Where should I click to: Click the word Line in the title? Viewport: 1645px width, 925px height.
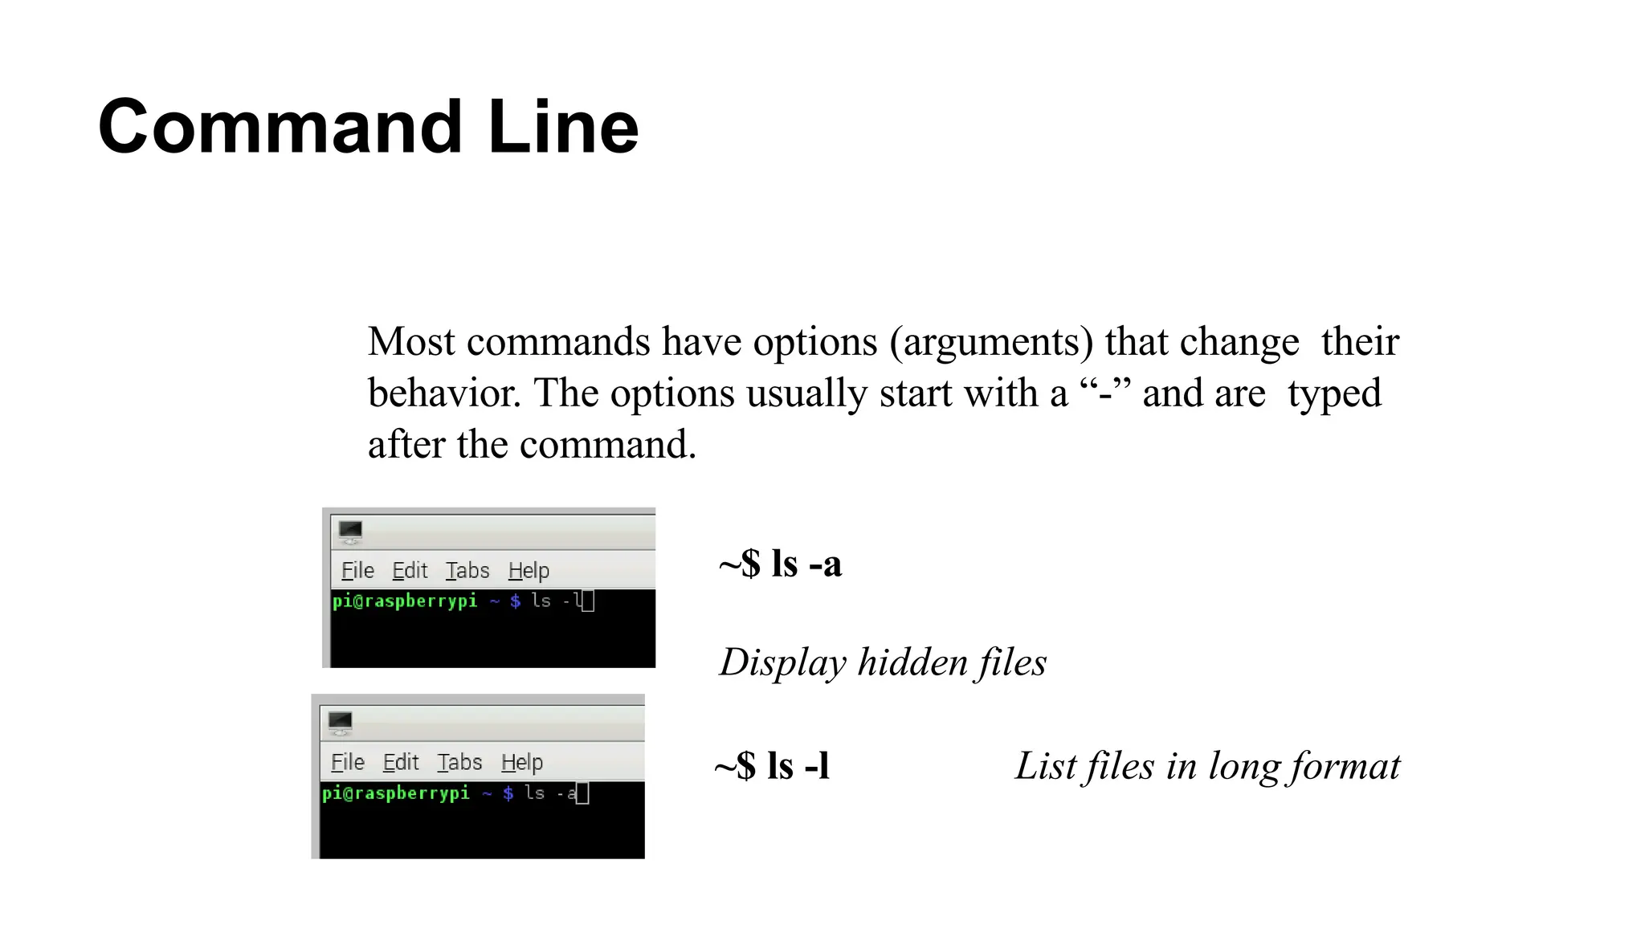click(x=563, y=127)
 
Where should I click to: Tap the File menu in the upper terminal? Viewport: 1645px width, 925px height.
click(x=357, y=571)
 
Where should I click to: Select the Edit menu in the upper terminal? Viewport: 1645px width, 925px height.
click(x=410, y=571)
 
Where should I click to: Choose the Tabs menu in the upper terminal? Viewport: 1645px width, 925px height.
click(x=467, y=571)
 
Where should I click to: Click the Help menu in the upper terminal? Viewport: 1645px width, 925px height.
click(x=529, y=571)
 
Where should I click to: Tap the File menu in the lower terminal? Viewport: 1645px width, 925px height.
click(x=348, y=762)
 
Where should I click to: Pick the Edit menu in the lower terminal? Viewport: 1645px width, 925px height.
click(x=401, y=762)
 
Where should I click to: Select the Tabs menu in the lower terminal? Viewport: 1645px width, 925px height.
click(x=459, y=762)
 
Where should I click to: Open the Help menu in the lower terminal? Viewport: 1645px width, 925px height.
click(x=522, y=762)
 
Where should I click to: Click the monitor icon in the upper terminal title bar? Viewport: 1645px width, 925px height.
click(x=350, y=531)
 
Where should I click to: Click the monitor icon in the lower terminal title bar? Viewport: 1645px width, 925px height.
click(x=340, y=722)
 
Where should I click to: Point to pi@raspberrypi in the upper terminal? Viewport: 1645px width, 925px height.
click(x=405, y=601)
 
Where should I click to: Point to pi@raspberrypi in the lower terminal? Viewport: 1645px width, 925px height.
click(x=395, y=793)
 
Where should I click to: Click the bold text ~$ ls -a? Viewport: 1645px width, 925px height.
click(x=780, y=564)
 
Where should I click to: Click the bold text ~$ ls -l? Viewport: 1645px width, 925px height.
click(x=772, y=765)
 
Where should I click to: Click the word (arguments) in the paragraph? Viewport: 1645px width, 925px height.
click(x=991, y=342)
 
